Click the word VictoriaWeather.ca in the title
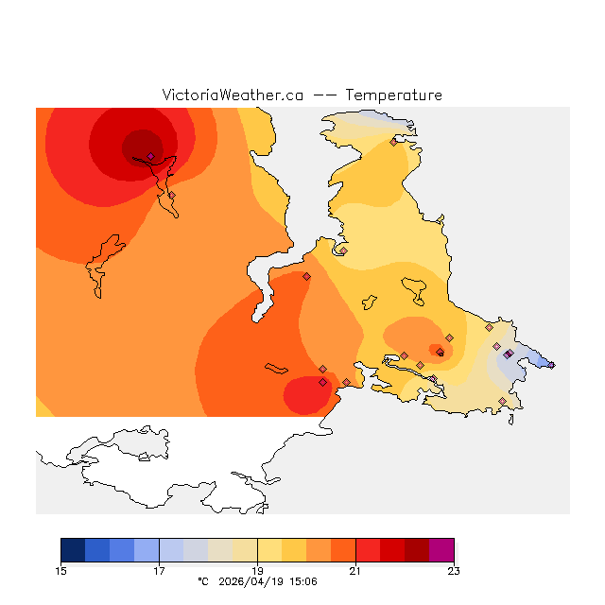pyautogui.click(x=233, y=95)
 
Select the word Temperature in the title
pyautogui.click(x=393, y=95)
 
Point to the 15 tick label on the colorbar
pyautogui.click(x=61, y=570)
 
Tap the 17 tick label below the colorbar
pyautogui.click(x=159, y=570)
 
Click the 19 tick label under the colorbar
pyautogui.click(x=257, y=570)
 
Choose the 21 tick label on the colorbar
pyautogui.click(x=355, y=570)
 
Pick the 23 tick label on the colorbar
pyautogui.click(x=454, y=570)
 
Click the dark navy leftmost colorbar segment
pyautogui.click(x=73, y=550)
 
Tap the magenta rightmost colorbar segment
pyautogui.click(x=441, y=550)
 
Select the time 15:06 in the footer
pyautogui.click(x=302, y=581)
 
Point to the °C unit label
pyautogui.click(x=201, y=581)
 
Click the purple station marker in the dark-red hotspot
pyautogui.click(x=150, y=156)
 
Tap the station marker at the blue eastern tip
pyautogui.click(x=552, y=365)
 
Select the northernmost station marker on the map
pyautogui.click(x=393, y=143)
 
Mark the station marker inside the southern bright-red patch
pyautogui.click(x=322, y=383)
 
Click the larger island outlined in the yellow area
pyautogui.click(x=414, y=289)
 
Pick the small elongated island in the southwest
pyautogui.click(x=276, y=368)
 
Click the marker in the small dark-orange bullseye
pyautogui.click(x=440, y=353)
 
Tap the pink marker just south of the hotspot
pyautogui.click(x=171, y=195)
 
